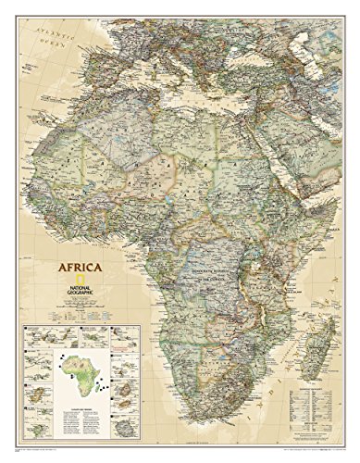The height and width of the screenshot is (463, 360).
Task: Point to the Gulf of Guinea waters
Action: tap(130, 255)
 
